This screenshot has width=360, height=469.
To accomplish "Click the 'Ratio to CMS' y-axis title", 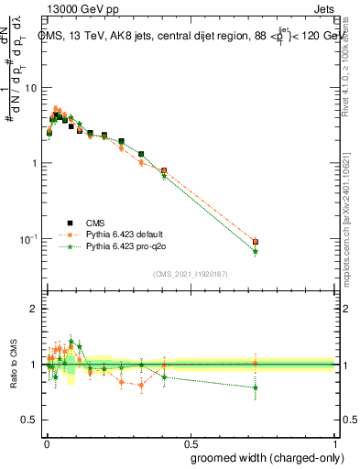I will click(14, 365).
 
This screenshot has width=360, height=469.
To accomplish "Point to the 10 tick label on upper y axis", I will click(29, 88).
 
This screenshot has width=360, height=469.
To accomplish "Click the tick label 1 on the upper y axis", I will click(33, 163).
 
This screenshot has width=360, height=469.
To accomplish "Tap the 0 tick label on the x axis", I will click(47, 442).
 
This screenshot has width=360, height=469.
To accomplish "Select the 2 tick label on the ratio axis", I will click(33, 309).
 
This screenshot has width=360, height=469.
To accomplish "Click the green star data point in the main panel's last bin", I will click(256, 251).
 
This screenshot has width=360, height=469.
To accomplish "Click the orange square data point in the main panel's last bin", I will click(256, 242).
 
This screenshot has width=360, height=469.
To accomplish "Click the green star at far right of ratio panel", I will click(256, 387).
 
